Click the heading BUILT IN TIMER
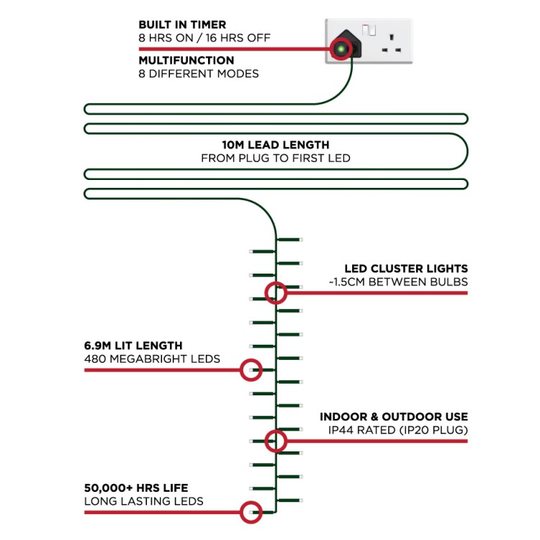(182, 24)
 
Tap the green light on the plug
(341, 49)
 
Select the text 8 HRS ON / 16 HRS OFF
(204, 38)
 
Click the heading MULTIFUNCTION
(186, 60)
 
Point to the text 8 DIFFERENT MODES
(199, 73)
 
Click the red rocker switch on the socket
(369, 30)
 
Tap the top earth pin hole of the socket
(391, 37)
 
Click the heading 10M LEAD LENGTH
(276, 145)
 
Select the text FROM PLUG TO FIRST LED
(276, 158)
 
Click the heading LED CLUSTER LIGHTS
(406, 269)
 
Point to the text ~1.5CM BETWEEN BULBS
(398, 282)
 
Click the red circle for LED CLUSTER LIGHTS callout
(276, 282)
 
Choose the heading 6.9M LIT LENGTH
(133, 346)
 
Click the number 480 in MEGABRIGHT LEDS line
(95, 359)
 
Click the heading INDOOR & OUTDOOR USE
(394, 417)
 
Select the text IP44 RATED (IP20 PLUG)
(397, 430)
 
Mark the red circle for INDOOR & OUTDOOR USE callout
(276, 430)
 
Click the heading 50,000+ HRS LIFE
(136, 488)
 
